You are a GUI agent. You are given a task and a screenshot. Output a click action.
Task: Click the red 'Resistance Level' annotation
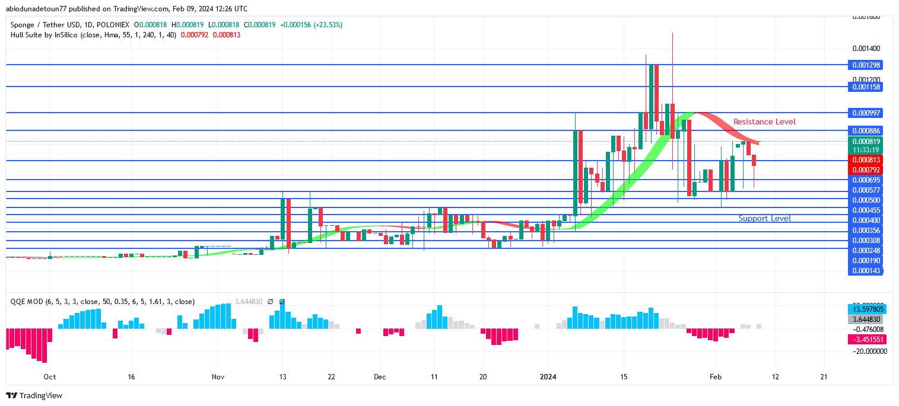click(x=764, y=122)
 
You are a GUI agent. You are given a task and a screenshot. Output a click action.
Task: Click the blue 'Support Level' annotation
click(x=764, y=218)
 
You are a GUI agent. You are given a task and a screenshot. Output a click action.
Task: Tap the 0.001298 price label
click(x=866, y=65)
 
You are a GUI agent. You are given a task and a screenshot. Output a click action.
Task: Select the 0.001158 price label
click(x=866, y=87)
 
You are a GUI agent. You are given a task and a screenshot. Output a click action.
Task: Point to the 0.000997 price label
click(x=866, y=113)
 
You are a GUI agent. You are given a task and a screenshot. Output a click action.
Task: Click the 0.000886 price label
click(x=866, y=130)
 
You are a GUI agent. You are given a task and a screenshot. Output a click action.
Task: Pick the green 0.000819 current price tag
click(x=866, y=142)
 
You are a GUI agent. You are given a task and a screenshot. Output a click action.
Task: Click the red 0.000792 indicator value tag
click(x=866, y=170)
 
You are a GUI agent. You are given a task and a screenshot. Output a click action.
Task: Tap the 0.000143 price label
click(x=866, y=271)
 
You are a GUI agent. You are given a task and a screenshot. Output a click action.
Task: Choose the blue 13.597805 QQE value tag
click(x=869, y=309)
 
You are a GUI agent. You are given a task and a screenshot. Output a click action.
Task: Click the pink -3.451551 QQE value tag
click(x=869, y=340)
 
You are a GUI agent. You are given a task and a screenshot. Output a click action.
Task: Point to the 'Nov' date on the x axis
click(x=218, y=376)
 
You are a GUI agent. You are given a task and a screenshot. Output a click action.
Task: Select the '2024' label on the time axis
click(x=548, y=376)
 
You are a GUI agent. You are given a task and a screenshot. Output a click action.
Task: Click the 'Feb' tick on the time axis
click(x=715, y=376)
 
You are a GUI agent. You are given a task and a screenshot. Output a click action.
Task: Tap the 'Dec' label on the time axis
click(x=380, y=376)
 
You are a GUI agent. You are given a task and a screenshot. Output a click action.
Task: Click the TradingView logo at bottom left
click(x=34, y=395)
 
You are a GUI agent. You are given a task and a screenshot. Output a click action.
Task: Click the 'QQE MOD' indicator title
click(x=27, y=301)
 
